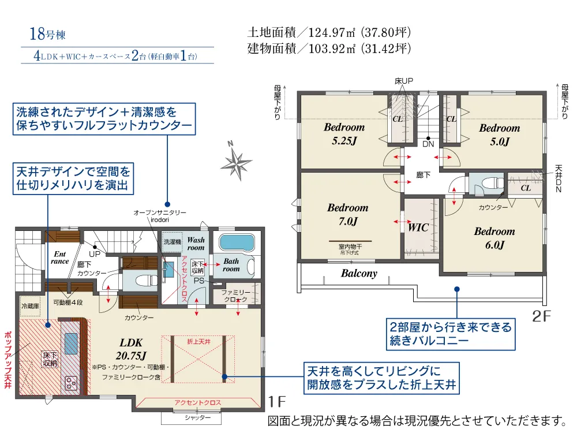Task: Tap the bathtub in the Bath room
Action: pos(237,242)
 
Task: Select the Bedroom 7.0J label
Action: pos(348,214)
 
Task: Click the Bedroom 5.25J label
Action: pos(344,134)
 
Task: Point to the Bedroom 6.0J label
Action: pos(494,238)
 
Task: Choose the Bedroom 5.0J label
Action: pos(499,135)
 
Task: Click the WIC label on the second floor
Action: pos(418,227)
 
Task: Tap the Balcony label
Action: pos(359,273)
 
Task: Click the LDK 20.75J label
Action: pos(131,349)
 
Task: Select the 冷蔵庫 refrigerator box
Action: pos(30,307)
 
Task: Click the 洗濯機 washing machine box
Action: pos(172,242)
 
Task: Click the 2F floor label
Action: pos(541,316)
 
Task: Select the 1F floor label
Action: pos(277,401)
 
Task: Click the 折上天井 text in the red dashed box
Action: pos(198,342)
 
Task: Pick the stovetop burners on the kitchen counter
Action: pos(71,384)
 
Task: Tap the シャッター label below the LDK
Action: pos(197,417)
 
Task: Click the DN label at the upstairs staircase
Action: pos(428,144)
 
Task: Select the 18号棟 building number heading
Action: pos(47,34)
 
